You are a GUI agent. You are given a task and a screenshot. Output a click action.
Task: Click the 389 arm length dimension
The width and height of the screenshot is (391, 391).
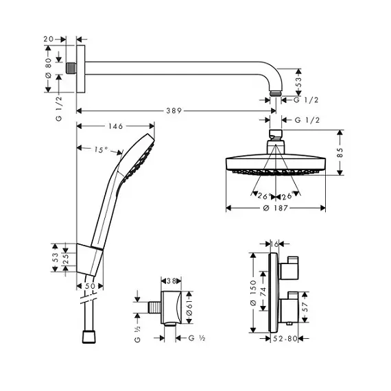174,110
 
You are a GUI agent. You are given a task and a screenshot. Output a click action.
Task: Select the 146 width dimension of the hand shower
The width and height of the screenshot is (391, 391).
116,126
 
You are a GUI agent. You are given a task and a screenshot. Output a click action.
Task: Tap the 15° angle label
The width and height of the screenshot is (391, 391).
101,150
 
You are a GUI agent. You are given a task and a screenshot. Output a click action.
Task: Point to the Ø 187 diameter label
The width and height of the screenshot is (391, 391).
276,208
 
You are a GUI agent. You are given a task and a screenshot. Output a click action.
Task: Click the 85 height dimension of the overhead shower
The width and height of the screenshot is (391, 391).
340,152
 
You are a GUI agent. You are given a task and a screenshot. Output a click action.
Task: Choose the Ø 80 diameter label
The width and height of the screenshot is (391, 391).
48,68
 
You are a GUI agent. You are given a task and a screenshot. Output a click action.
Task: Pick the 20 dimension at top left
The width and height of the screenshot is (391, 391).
49,39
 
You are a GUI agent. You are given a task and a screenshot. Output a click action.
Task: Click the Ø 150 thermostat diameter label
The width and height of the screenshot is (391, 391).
253,293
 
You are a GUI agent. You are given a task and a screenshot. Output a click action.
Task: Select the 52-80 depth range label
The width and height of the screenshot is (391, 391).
285,338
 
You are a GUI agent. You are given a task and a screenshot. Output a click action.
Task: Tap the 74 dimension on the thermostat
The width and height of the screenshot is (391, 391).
263,292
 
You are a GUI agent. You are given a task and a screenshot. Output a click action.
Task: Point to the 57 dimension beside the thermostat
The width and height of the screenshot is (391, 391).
305,307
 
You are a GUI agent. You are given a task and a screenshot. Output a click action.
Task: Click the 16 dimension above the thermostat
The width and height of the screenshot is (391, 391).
274,244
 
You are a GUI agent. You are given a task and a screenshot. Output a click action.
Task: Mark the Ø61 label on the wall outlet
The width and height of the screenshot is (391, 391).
189,307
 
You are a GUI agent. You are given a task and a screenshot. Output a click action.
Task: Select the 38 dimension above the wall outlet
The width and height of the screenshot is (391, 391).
171,281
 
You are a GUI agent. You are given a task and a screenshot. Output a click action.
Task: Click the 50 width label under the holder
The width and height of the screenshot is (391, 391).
90,286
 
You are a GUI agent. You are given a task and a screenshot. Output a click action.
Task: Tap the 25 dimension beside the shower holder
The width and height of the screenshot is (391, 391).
66,259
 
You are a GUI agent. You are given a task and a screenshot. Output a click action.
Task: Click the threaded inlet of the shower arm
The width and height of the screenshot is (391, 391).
71,69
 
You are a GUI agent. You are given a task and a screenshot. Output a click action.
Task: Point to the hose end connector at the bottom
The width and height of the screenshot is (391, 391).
88,337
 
